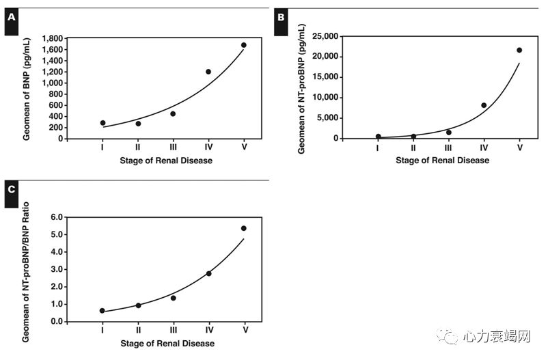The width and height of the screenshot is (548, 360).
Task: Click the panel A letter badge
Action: click(10, 18)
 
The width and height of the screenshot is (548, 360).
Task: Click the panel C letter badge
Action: click(10, 192)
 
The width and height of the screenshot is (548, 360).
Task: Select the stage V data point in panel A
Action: click(244, 45)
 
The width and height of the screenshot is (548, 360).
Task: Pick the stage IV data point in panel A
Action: click(208, 72)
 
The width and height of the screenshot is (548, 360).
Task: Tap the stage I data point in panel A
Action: click(102, 123)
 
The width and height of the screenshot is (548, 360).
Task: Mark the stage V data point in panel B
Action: click(519, 50)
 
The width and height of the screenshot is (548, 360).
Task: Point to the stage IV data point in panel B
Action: click(484, 105)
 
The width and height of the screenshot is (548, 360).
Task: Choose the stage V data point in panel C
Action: click(244, 228)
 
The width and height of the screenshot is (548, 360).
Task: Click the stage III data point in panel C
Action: click(174, 298)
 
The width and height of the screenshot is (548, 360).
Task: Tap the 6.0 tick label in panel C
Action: click(57, 217)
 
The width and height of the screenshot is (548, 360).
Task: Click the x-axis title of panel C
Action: click(167, 344)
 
